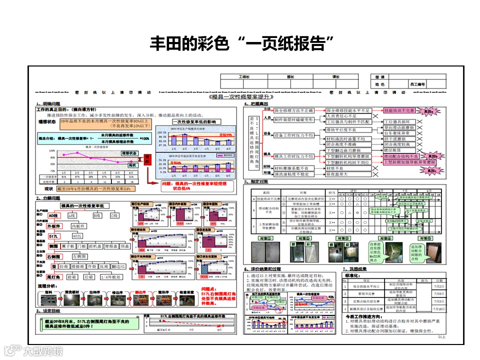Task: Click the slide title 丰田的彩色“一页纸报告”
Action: [242, 43]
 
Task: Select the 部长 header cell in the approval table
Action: [290, 76]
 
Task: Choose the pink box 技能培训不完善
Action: [399, 110]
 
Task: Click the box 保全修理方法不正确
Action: [293, 110]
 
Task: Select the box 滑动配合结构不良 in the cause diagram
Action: [400, 156]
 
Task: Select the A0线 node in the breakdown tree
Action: [53, 215]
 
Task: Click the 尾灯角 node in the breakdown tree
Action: [53, 277]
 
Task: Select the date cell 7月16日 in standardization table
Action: [438, 309]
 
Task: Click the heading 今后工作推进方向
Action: [368, 317]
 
